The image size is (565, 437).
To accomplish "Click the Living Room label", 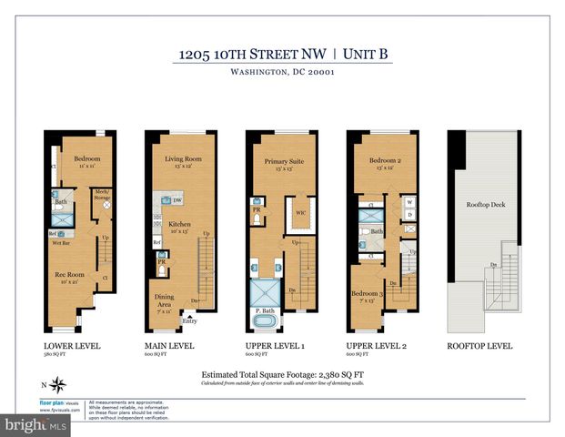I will click(x=183, y=158).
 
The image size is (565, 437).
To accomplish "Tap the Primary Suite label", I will click(x=283, y=162).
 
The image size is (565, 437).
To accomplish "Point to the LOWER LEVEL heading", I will click(x=71, y=346).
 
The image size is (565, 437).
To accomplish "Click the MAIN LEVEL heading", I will click(x=169, y=346).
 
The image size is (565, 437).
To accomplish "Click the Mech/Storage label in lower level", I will click(x=102, y=194).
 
